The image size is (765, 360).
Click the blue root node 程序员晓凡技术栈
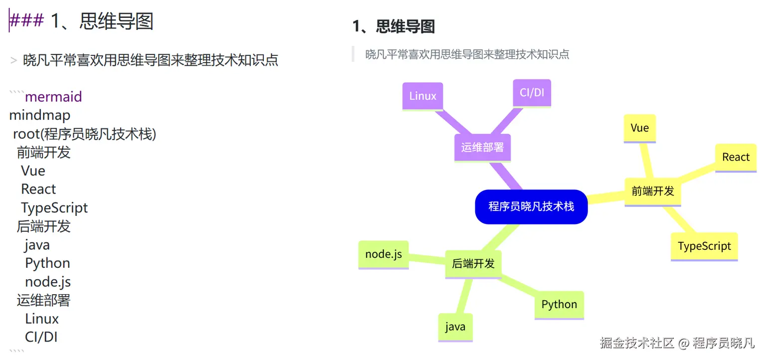(x=531, y=206)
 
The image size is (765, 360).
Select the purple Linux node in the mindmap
(x=422, y=96)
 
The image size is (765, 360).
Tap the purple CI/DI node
(x=532, y=93)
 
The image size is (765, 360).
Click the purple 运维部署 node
(x=482, y=148)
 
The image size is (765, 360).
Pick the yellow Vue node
(x=639, y=128)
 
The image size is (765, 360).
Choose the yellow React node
(x=736, y=158)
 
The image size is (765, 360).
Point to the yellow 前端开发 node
(x=652, y=191)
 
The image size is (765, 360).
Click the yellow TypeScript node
(x=704, y=246)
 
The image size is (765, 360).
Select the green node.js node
(x=383, y=254)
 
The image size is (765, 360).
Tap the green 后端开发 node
(x=473, y=264)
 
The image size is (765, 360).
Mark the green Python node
(x=559, y=305)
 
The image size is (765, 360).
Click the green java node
(x=455, y=327)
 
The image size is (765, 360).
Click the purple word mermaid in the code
(x=53, y=97)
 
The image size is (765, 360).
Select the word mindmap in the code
(x=40, y=115)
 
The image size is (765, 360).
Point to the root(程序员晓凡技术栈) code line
(x=85, y=134)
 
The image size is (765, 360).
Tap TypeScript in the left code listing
(x=54, y=208)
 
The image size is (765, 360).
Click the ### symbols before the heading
(x=27, y=21)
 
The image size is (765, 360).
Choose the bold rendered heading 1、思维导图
(x=393, y=26)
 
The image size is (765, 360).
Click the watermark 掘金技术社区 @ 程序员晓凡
(x=677, y=343)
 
